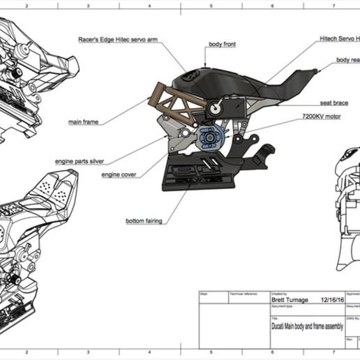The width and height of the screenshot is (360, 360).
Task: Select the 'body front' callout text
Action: tap(222, 44)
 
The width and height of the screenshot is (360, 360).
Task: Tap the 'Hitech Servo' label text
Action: tap(338, 38)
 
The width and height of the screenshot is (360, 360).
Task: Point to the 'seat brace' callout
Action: tap(334, 102)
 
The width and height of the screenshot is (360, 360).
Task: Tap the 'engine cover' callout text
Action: tap(119, 174)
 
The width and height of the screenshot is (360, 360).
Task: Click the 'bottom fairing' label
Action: tap(144, 221)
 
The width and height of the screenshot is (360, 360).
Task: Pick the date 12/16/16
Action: tap(333, 301)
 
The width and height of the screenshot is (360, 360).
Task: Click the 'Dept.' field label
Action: tap(204, 294)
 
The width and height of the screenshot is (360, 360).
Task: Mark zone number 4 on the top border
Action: tap(149, 4)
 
